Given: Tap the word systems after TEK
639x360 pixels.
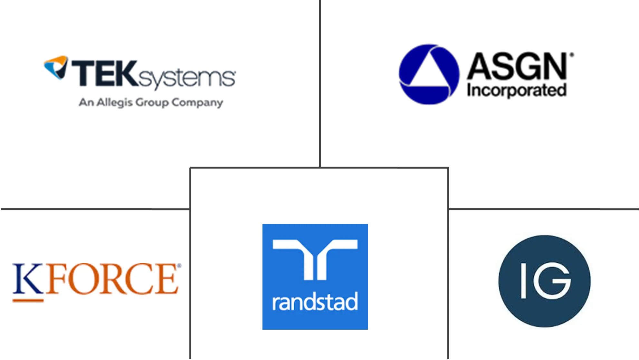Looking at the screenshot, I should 187,78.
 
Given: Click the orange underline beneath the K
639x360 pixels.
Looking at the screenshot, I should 27,301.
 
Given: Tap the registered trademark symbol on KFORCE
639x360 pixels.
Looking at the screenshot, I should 179,266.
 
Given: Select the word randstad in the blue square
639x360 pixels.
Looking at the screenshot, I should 315,302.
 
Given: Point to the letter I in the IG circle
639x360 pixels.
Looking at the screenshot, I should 523,281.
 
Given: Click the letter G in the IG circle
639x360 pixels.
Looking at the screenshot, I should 552,281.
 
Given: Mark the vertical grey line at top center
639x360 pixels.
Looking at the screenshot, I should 319,81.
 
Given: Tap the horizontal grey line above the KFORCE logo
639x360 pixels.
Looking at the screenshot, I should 93,209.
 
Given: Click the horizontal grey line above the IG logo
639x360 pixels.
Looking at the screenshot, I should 544,209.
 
